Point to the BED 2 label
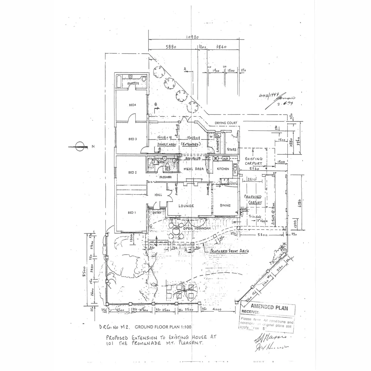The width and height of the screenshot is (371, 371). click(x=132, y=173)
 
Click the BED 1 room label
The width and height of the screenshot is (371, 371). click(x=132, y=213)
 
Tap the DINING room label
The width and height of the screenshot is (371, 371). click(x=225, y=205)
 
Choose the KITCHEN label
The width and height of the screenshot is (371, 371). click(x=223, y=169)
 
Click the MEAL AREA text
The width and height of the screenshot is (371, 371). click(x=194, y=169)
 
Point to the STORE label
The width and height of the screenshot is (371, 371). click(x=232, y=150)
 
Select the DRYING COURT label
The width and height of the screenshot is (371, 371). click(x=226, y=123)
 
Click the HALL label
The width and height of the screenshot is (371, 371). click(x=158, y=195)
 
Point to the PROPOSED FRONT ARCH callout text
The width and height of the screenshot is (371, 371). click(x=229, y=251)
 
